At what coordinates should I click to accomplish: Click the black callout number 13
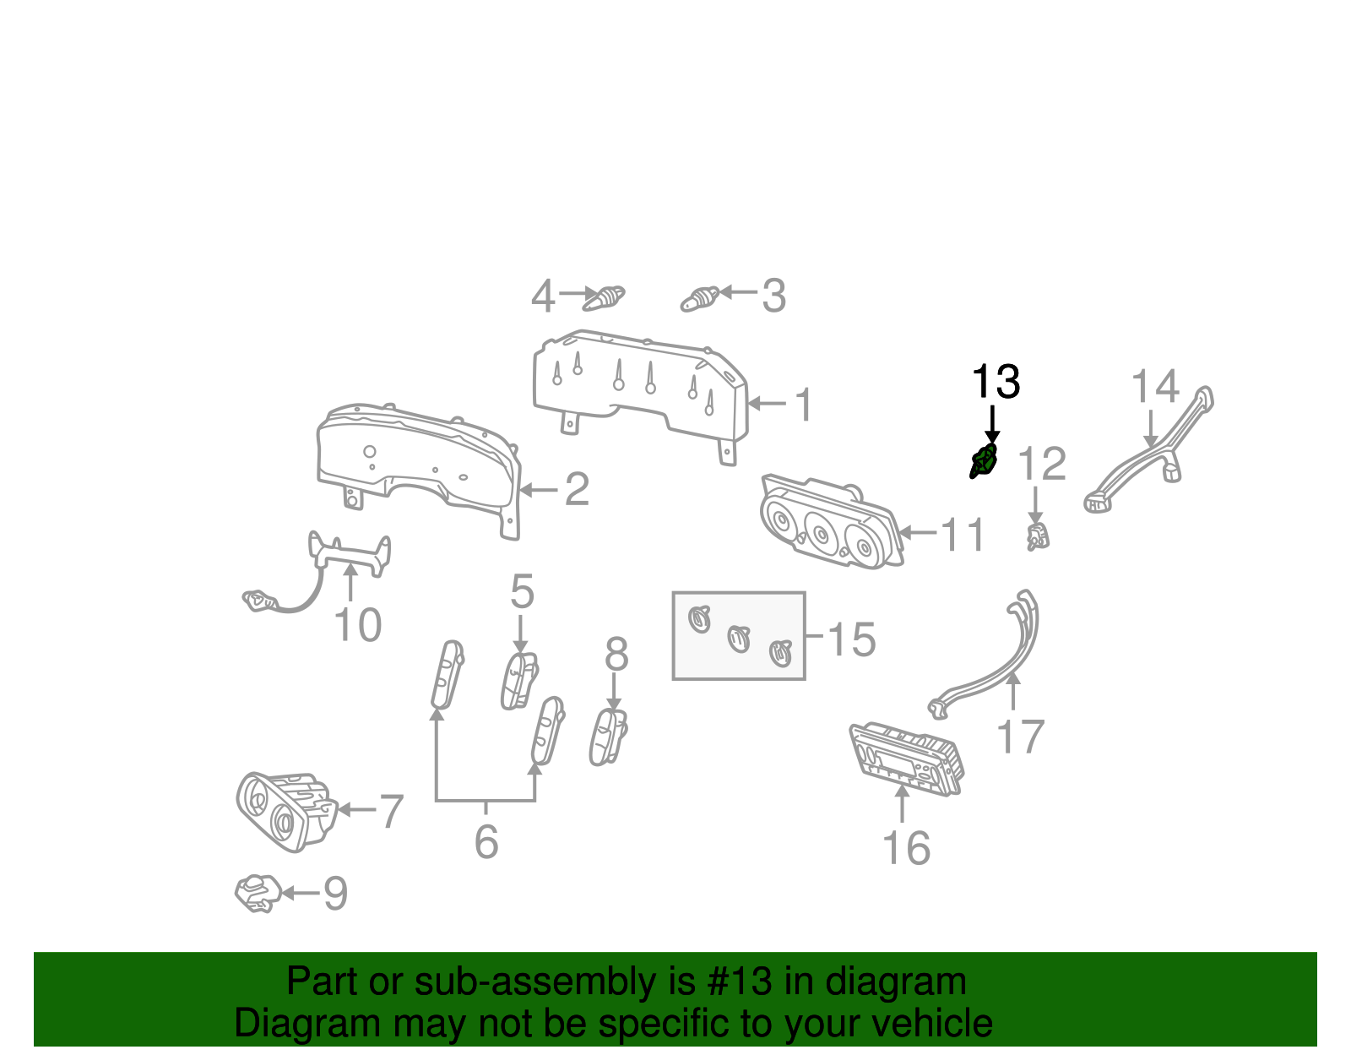click(x=996, y=382)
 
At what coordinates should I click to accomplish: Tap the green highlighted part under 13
click(x=984, y=461)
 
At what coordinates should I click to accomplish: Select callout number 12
click(x=1041, y=464)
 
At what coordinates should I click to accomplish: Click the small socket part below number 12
click(x=1037, y=536)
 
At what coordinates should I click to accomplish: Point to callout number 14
click(x=1154, y=387)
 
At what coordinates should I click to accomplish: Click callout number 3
click(x=774, y=296)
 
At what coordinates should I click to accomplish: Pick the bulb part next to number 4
click(x=604, y=298)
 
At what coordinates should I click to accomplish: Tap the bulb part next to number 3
click(x=699, y=299)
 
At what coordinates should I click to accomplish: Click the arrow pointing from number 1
click(x=768, y=404)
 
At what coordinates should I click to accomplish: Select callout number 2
click(x=577, y=489)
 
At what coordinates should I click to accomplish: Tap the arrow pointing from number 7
click(x=357, y=809)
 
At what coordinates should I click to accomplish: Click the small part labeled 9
click(x=258, y=894)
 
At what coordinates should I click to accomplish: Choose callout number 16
click(x=907, y=848)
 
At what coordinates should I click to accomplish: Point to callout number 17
click(x=1020, y=737)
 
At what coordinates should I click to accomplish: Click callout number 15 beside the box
click(x=852, y=639)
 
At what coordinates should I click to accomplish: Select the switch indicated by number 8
click(x=608, y=737)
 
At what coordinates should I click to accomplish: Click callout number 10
click(x=357, y=625)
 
